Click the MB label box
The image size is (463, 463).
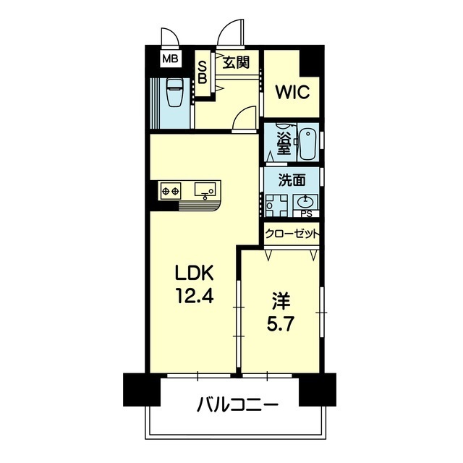click(x=171, y=59)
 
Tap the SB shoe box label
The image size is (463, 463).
click(x=202, y=72)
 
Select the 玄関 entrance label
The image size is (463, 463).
click(x=236, y=63)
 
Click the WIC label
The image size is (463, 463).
click(x=292, y=93)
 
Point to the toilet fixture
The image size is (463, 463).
click(x=175, y=92)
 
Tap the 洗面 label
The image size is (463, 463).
click(x=292, y=180)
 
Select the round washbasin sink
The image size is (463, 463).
click(x=306, y=203)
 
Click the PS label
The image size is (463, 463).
click(x=306, y=214)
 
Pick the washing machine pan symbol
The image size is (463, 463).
click(x=276, y=205)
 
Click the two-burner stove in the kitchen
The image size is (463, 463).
click(x=171, y=191)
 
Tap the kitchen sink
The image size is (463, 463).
click(x=205, y=190)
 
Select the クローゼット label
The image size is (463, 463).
click(x=292, y=234)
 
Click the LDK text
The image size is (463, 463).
click(x=194, y=273)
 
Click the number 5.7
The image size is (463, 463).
click(x=281, y=324)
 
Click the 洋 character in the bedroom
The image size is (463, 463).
click(x=281, y=302)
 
